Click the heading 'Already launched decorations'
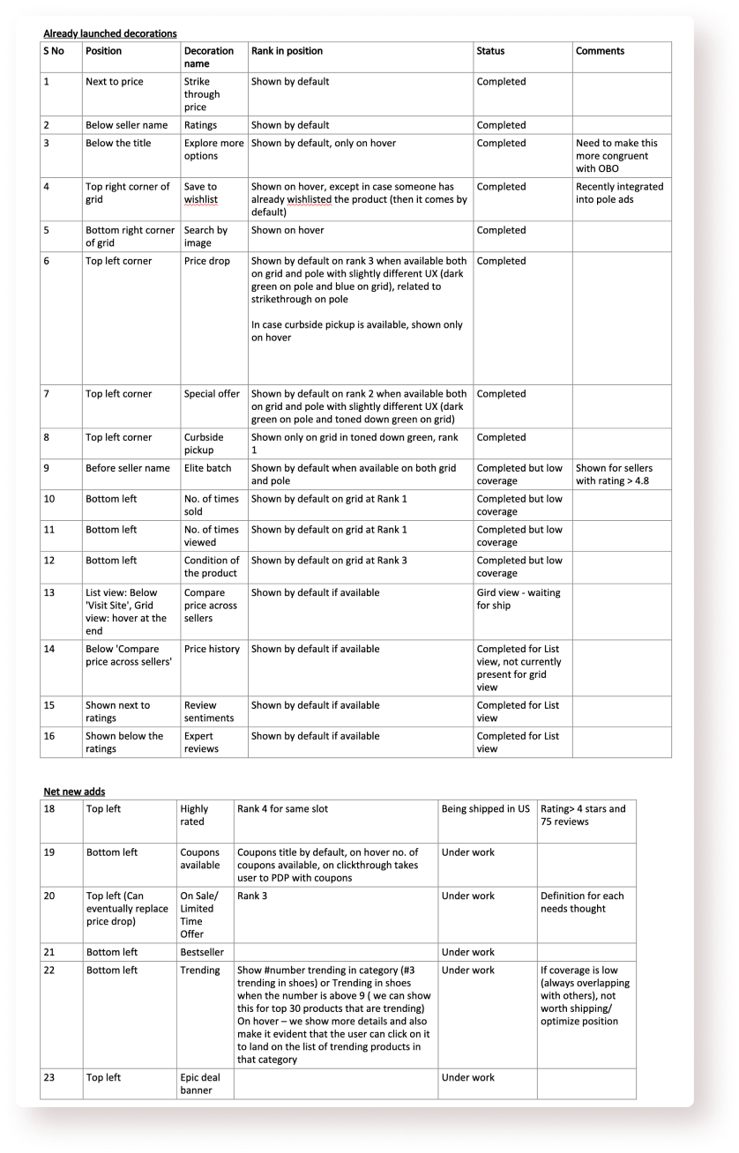click(110, 33)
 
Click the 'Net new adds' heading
click(74, 792)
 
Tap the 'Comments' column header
click(600, 51)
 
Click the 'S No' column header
click(54, 51)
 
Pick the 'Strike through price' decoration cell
click(202, 94)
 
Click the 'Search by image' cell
click(205, 236)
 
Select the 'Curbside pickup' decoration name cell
click(205, 443)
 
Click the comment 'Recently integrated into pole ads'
click(619, 193)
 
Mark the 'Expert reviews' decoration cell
click(202, 742)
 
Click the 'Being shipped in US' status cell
click(486, 808)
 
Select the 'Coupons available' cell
click(200, 859)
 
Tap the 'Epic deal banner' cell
click(200, 1083)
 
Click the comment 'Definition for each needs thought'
click(582, 902)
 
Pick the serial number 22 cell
click(49, 970)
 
